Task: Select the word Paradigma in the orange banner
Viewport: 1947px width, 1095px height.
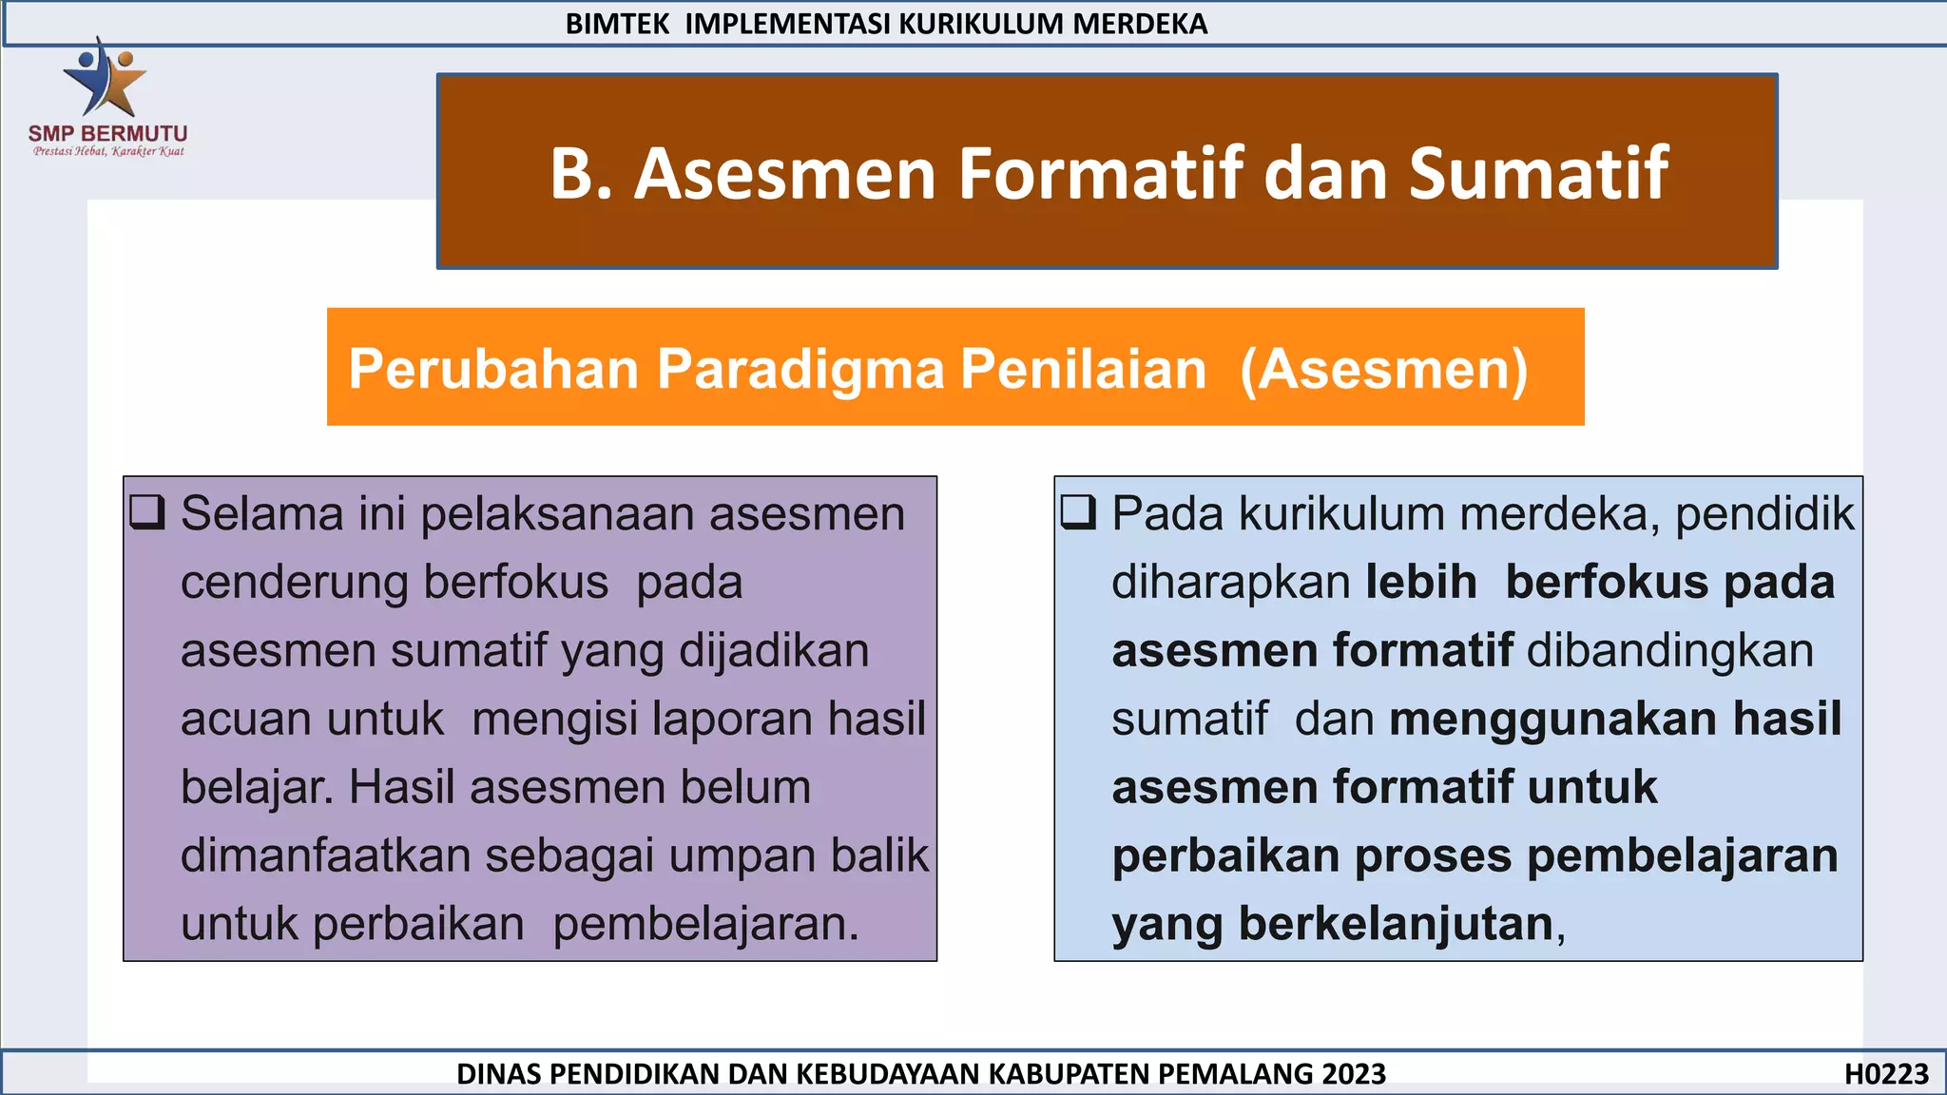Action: click(x=800, y=369)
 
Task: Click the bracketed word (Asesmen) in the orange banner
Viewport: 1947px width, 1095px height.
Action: click(x=1384, y=369)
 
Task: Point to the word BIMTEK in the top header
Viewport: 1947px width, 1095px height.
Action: click(x=618, y=24)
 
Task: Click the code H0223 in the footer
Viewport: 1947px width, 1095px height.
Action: click(x=1886, y=1074)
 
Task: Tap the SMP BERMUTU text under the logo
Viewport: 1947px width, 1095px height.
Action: click(x=107, y=134)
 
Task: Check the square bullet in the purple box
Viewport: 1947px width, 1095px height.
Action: click(x=147, y=512)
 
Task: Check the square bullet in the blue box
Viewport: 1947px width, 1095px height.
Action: click(x=1079, y=512)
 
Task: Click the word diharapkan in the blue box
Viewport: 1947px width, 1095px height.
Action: click(x=1231, y=583)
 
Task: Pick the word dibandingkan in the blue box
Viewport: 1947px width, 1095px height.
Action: click(x=1670, y=651)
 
